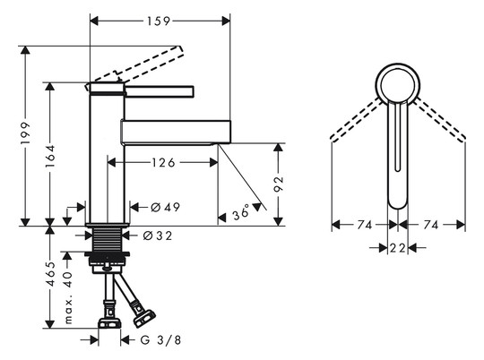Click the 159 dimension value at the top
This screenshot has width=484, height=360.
[x=159, y=21]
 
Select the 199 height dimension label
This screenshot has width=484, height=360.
[x=25, y=133]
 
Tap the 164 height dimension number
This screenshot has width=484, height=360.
[x=50, y=157]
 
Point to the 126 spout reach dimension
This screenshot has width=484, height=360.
[x=163, y=162]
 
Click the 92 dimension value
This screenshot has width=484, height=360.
[x=279, y=184]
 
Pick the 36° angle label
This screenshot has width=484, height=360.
[x=241, y=212]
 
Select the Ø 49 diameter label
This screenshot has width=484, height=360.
[x=166, y=207]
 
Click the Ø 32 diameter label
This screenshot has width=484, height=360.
[x=158, y=236]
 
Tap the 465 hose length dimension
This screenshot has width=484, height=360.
[x=50, y=274]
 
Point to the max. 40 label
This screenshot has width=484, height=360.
[x=68, y=297]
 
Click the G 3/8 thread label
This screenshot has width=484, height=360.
[x=160, y=340]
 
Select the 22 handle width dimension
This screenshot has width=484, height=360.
[x=397, y=247]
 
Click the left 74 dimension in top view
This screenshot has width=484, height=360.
[x=365, y=225]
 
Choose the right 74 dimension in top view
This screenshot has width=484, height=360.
[x=431, y=225]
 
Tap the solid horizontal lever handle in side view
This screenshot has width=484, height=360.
[x=160, y=91]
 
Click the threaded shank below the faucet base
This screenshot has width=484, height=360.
[x=108, y=240]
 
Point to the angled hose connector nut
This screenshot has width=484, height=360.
[x=144, y=319]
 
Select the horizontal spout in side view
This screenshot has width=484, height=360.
[x=176, y=132]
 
